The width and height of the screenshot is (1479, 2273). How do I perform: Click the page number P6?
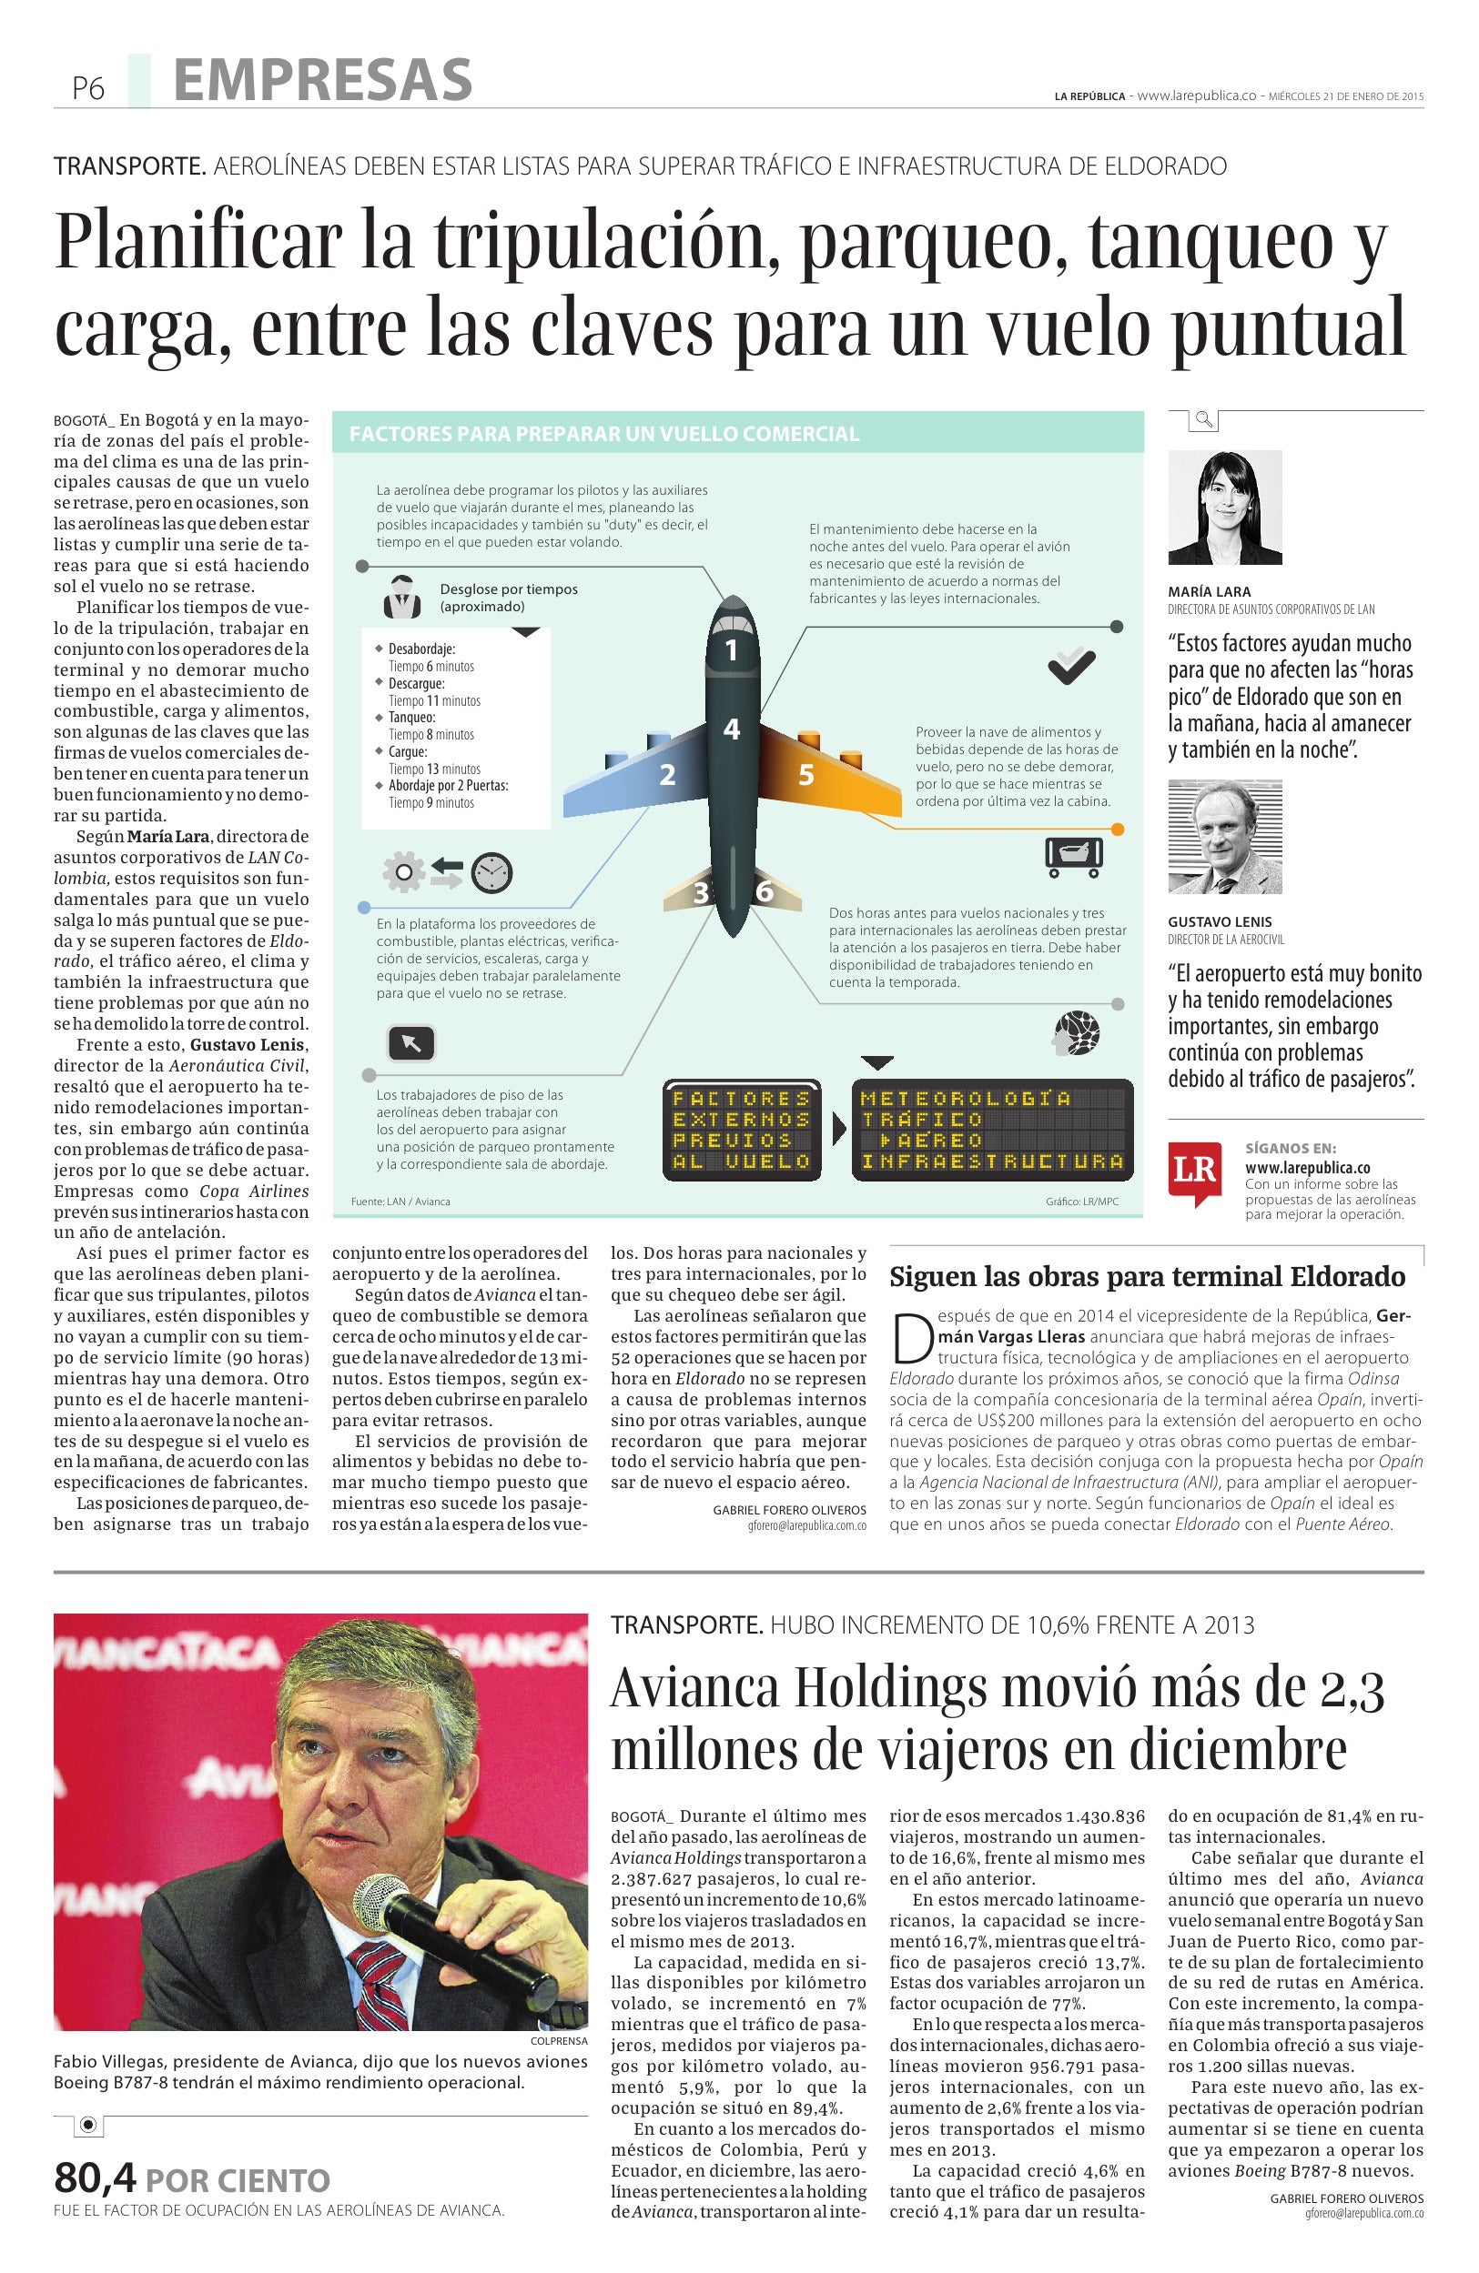pyautogui.click(x=87, y=89)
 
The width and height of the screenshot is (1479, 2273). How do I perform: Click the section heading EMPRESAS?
pyautogui.click(x=323, y=80)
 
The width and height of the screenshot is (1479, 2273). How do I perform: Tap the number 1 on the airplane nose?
pyautogui.click(x=732, y=650)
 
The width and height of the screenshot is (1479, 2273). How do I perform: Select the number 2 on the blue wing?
pyautogui.click(x=668, y=775)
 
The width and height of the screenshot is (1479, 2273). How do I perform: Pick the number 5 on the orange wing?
pyautogui.click(x=805, y=775)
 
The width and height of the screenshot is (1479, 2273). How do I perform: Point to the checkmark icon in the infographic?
pyautogui.click(x=1071, y=665)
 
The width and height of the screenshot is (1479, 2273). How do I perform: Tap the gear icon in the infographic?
pyautogui.click(x=403, y=872)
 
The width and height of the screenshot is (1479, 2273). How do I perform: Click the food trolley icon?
pyautogui.click(x=1074, y=856)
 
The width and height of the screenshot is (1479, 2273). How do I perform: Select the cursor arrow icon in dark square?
pyautogui.click(x=410, y=1044)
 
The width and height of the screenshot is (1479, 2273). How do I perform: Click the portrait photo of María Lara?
pyautogui.click(x=1224, y=508)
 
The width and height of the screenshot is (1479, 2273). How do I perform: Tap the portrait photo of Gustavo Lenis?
pyautogui.click(x=1224, y=837)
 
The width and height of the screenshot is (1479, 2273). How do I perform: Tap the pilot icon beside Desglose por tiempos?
pyautogui.click(x=402, y=598)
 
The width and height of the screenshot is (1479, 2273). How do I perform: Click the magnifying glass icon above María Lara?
pyautogui.click(x=1204, y=418)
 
